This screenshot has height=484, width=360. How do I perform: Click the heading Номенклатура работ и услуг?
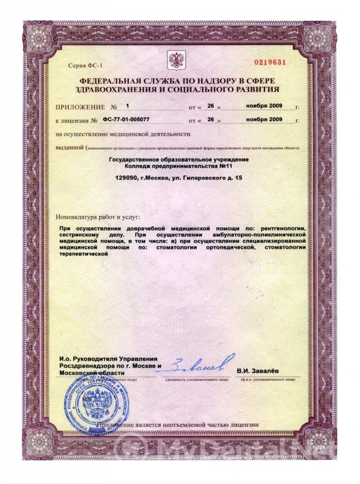click(x=98, y=217)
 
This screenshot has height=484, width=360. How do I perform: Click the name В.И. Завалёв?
click(x=257, y=371)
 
